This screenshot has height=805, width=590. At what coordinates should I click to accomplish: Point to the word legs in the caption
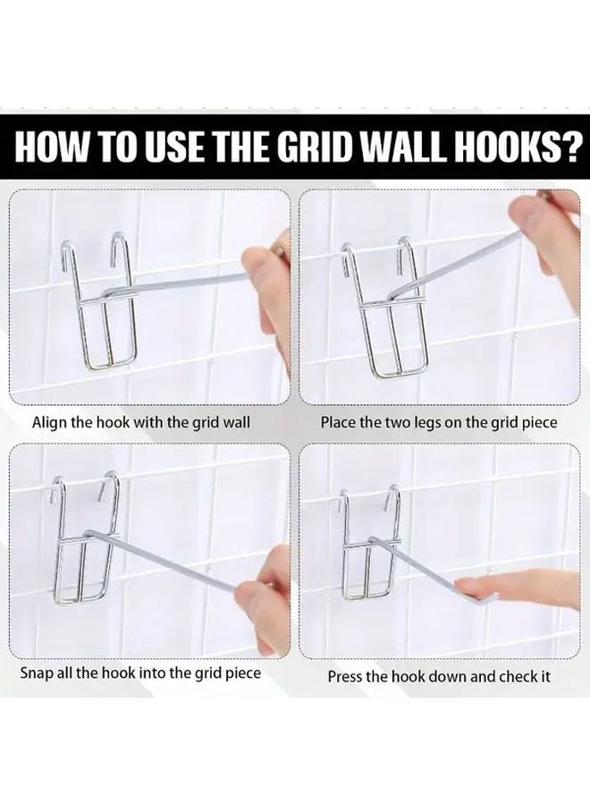419,421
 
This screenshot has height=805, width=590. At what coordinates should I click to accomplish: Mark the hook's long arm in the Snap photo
170,559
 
